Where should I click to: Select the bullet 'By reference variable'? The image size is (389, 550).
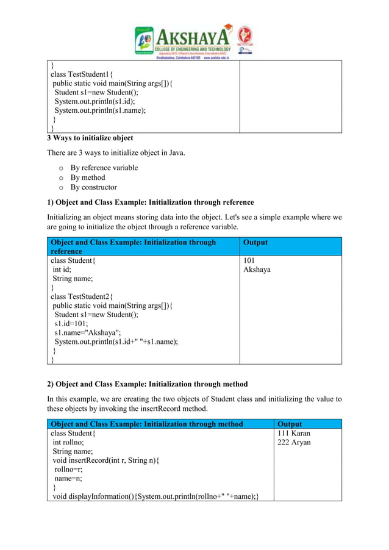pyautogui.click(x=104, y=168)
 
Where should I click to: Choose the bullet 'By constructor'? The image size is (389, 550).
pyautogui.click(x=93, y=187)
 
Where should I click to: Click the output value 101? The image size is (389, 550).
pyautogui.click(x=250, y=260)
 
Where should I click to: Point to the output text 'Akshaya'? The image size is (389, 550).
pyautogui.click(x=257, y=270)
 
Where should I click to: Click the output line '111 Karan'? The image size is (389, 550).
pyautogui.click(x=294, y=434)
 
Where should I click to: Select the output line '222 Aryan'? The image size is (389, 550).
pyautogui.click(x=294, y=443)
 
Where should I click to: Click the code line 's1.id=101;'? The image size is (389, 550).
pyautogui.click(x=71, y=324)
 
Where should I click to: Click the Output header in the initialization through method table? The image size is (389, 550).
pyautogui.click(x=290, y=424)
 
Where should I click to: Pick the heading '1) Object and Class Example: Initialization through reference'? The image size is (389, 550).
pyautogui.click(x=151, y=202)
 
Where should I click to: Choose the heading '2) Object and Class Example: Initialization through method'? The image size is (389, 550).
pyautogui.click(x=148, y=384)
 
